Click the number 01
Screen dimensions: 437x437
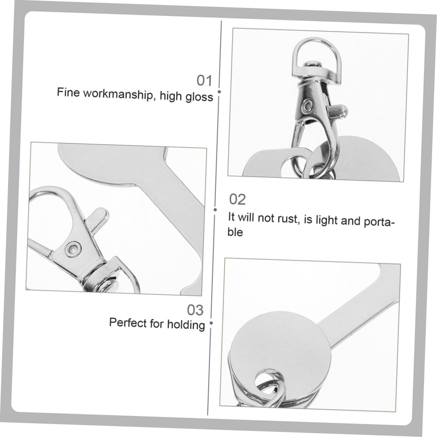click(204, 81)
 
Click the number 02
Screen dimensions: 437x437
click(237, 200)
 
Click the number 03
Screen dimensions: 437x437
click(195, 310)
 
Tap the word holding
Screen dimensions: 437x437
click(186, 324)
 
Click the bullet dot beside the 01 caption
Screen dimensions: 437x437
click(219, 92)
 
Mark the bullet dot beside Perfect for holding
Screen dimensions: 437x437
click(211, 323)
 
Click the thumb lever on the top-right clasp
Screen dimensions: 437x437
click(337, 111)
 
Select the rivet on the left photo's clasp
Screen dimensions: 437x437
click(73, 247)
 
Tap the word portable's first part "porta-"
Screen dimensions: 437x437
click(379, 222)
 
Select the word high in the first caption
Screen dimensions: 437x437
click(171, 96)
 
